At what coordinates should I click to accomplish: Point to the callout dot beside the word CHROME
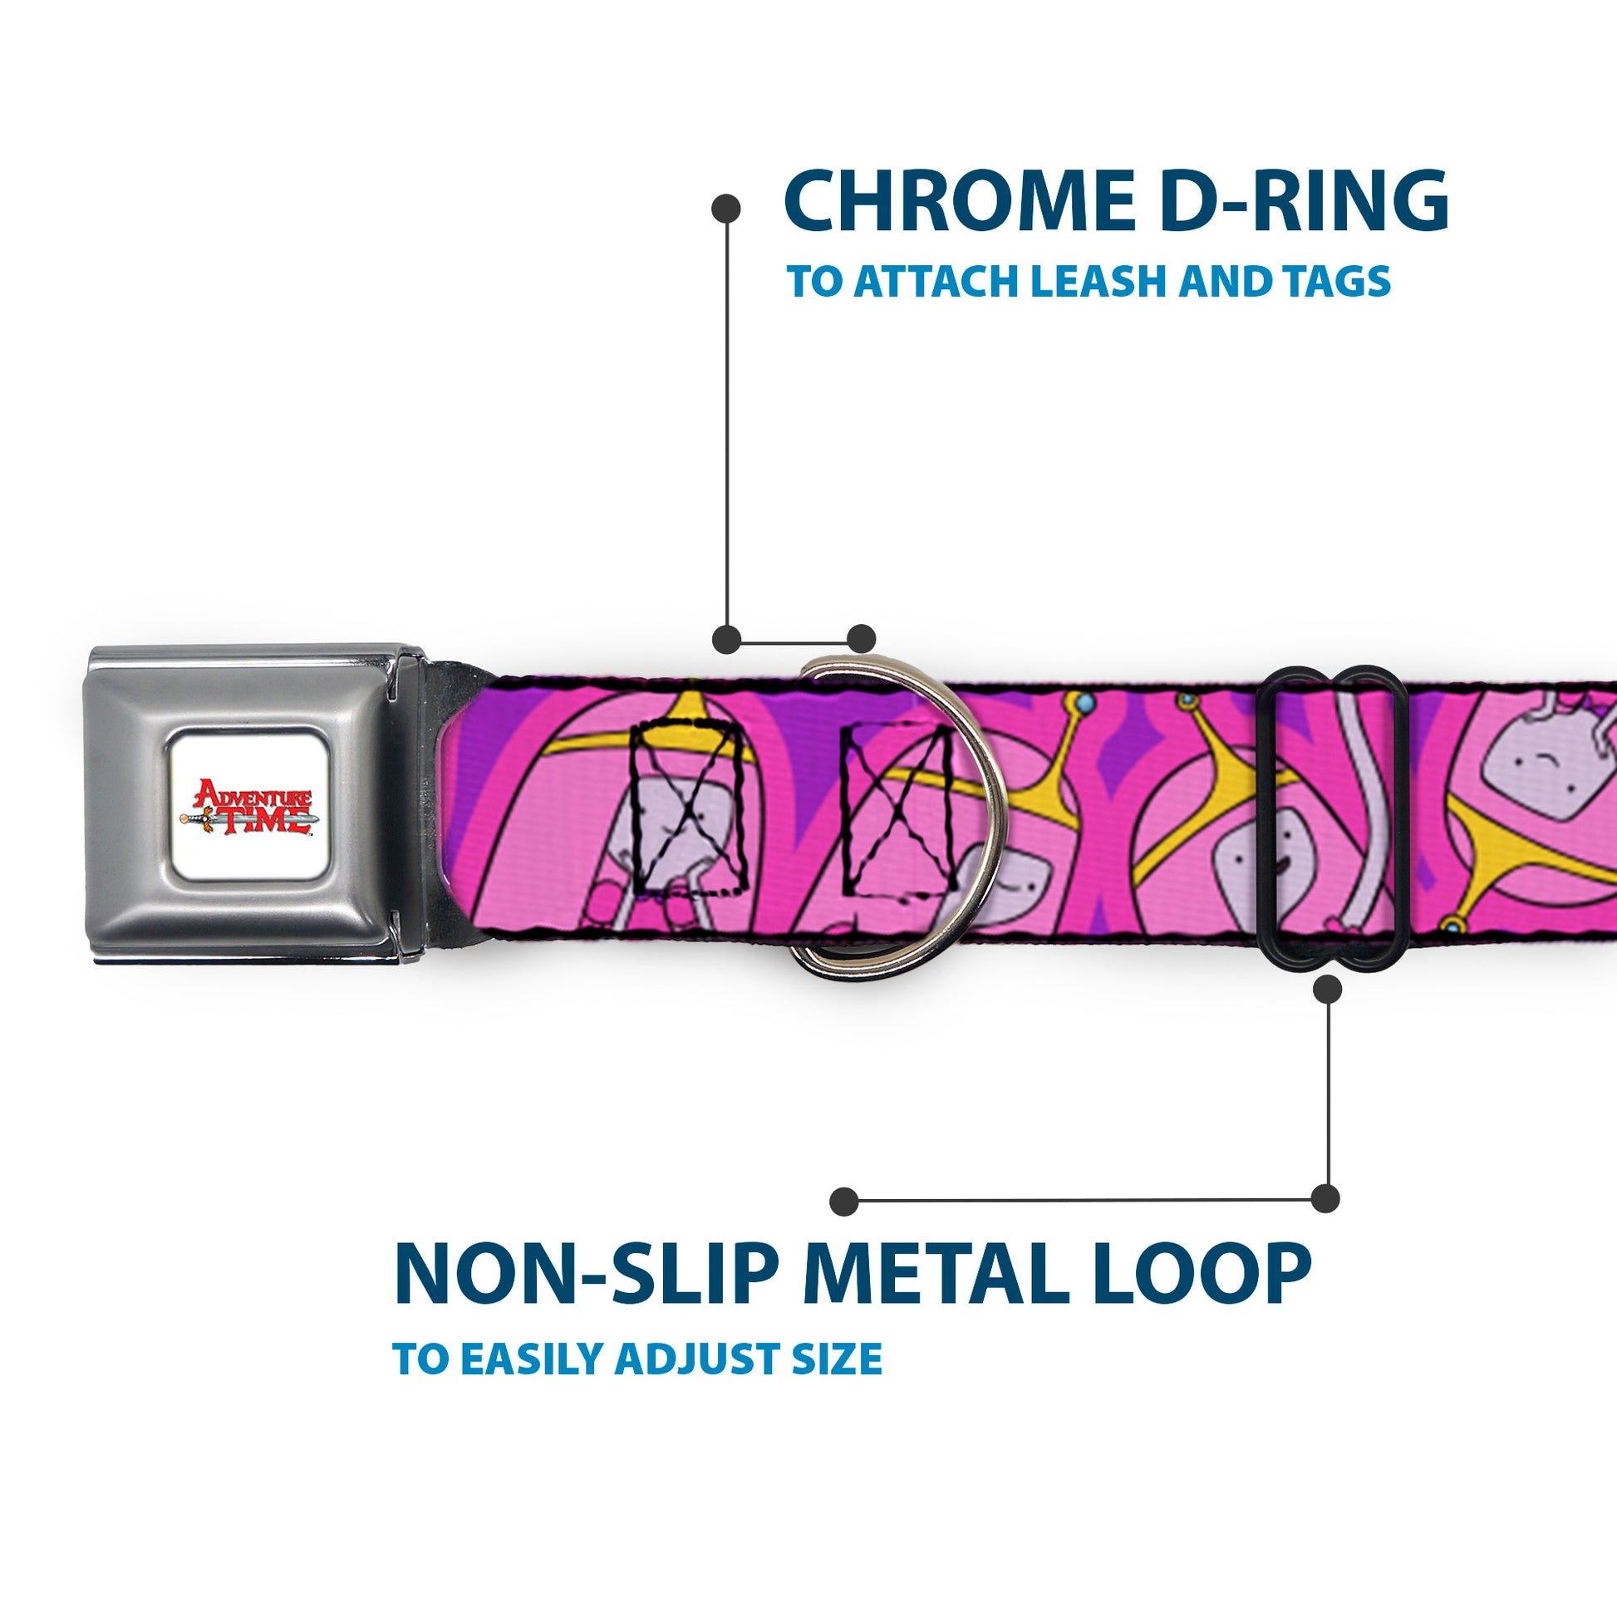[725, 209]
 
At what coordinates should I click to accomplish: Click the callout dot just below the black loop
[1327, 990]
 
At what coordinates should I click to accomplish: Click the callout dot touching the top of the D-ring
[861, 639]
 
